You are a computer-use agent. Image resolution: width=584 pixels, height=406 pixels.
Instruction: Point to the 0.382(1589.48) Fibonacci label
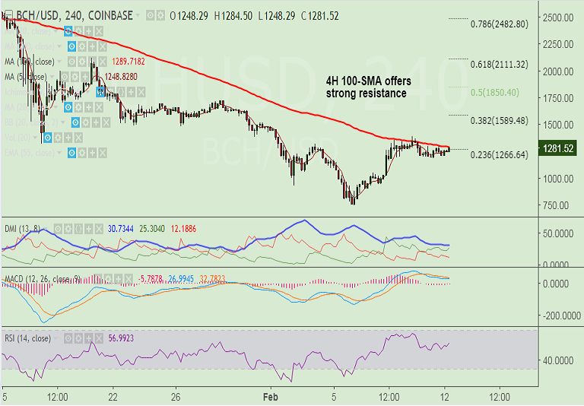click(x=499, y=120)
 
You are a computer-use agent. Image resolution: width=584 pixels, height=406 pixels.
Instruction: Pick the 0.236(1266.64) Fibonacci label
click(x=499, y=154)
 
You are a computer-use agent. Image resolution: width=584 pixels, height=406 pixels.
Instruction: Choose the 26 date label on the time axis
click(x=176, y=397)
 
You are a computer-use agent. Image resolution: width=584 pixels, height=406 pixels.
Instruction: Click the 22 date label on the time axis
click(x=112, y=397)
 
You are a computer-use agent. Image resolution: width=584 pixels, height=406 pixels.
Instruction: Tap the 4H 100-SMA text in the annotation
click(x=354, y=81)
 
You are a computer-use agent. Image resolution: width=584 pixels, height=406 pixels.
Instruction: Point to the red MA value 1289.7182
click(x=129, y=61)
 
